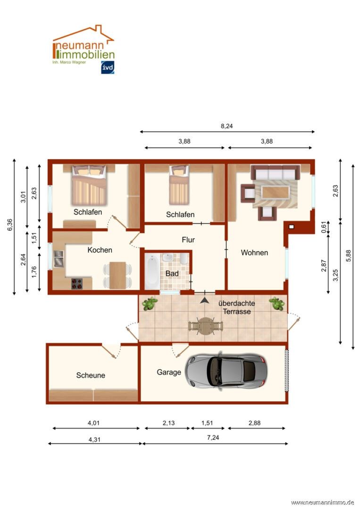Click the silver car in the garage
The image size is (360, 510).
[x=226, y=371]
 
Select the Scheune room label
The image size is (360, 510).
[x=91, y=375]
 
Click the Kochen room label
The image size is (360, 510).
[x=100, y=250]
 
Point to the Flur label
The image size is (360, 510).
[x=188, y=240]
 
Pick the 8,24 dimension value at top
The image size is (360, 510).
[x=227, y=126]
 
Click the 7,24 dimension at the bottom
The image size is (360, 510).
[x=213, y=438]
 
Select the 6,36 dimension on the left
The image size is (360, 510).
[x=10, y=225]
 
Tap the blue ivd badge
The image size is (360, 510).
[x=108, y=68]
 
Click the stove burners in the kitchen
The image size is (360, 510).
[x=77, y=284]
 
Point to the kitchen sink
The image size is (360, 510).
[x=59, y=259]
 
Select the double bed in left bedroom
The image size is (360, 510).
[x=89, y=185]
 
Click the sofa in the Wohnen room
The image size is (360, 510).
[x=275, y=172]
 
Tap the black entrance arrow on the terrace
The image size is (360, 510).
[x=204, y=300]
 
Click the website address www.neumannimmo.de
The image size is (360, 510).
[x=322, y=503]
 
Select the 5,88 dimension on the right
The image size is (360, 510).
[x=348, y=255]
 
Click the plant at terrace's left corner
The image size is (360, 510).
[x=150, y=304]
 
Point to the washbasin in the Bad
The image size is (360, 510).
[x=167, y=258]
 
